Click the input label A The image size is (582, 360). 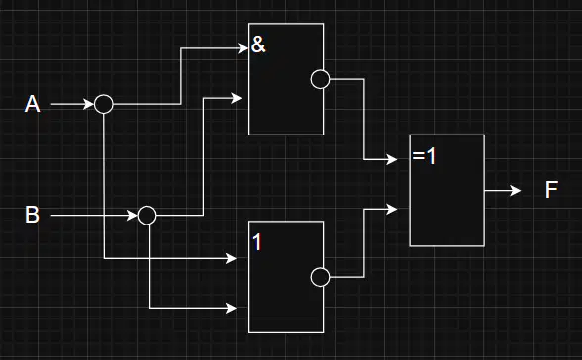point(32,104)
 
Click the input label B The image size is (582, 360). point(32,215)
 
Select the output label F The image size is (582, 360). point(551,190)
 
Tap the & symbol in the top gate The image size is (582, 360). point(258,45)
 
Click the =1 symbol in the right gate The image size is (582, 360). point(424,156)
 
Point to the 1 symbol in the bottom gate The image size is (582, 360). point(257,242)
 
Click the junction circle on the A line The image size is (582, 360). point(104,104)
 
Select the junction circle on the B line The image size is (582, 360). point(146,215)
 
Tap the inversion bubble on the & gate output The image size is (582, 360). point(320,79)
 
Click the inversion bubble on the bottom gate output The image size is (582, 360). point(320,277)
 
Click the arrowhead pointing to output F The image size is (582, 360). point(516,191)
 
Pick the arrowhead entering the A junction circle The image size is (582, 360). point(89,104)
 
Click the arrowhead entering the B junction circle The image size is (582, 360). point(133,215)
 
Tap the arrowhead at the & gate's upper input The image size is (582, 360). point(243,48)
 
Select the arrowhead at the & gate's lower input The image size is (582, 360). point(237,98)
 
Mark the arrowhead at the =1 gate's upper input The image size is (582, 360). point(392,160)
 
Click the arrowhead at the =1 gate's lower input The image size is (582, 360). point(392,209)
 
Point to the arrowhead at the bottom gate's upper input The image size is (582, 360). point(232,258)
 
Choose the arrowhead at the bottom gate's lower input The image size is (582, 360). point(232,308)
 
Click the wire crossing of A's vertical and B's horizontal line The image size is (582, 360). point(104,215)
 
